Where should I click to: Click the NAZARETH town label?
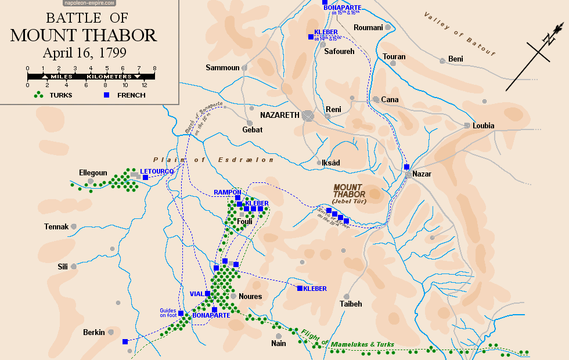280,115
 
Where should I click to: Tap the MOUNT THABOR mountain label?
350,191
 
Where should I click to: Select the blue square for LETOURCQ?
145,178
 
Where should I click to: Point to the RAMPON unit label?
228,192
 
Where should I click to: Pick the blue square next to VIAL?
207,294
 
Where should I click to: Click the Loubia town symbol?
467,125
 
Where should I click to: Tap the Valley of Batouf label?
459,34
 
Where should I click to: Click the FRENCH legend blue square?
106,95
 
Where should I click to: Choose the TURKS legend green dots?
39,95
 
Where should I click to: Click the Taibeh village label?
351,304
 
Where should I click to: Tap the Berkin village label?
93,333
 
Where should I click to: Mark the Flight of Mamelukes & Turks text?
348,341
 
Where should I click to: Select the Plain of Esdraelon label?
213,160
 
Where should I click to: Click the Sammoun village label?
222,68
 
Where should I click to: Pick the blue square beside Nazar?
407,167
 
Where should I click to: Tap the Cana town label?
390,100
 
